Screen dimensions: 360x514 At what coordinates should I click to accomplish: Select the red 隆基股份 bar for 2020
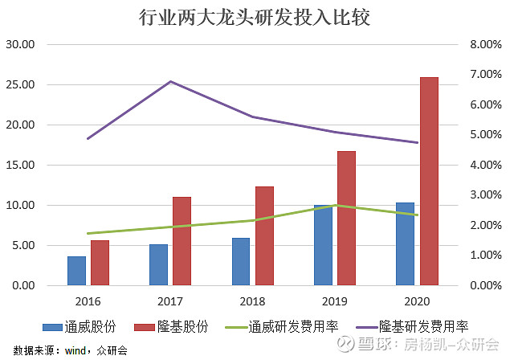(x=429, y=181)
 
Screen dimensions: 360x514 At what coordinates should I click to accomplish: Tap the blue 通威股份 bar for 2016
(x=76, y=271)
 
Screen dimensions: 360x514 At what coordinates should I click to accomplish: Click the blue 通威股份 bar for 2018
(x=241, y=261)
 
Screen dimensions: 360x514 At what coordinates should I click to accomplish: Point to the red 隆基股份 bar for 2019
(x=346, y=218)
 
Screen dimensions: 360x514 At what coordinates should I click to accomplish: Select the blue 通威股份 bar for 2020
(x=406, y=243)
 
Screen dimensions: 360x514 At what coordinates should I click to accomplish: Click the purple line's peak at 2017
(x=170, y=81)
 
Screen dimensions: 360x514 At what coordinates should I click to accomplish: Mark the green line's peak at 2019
(x=335, y=205)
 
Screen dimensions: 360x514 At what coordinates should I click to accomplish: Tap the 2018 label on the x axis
(x=253, y=301)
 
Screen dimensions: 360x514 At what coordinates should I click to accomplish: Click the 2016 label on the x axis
(x=88, y=301)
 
